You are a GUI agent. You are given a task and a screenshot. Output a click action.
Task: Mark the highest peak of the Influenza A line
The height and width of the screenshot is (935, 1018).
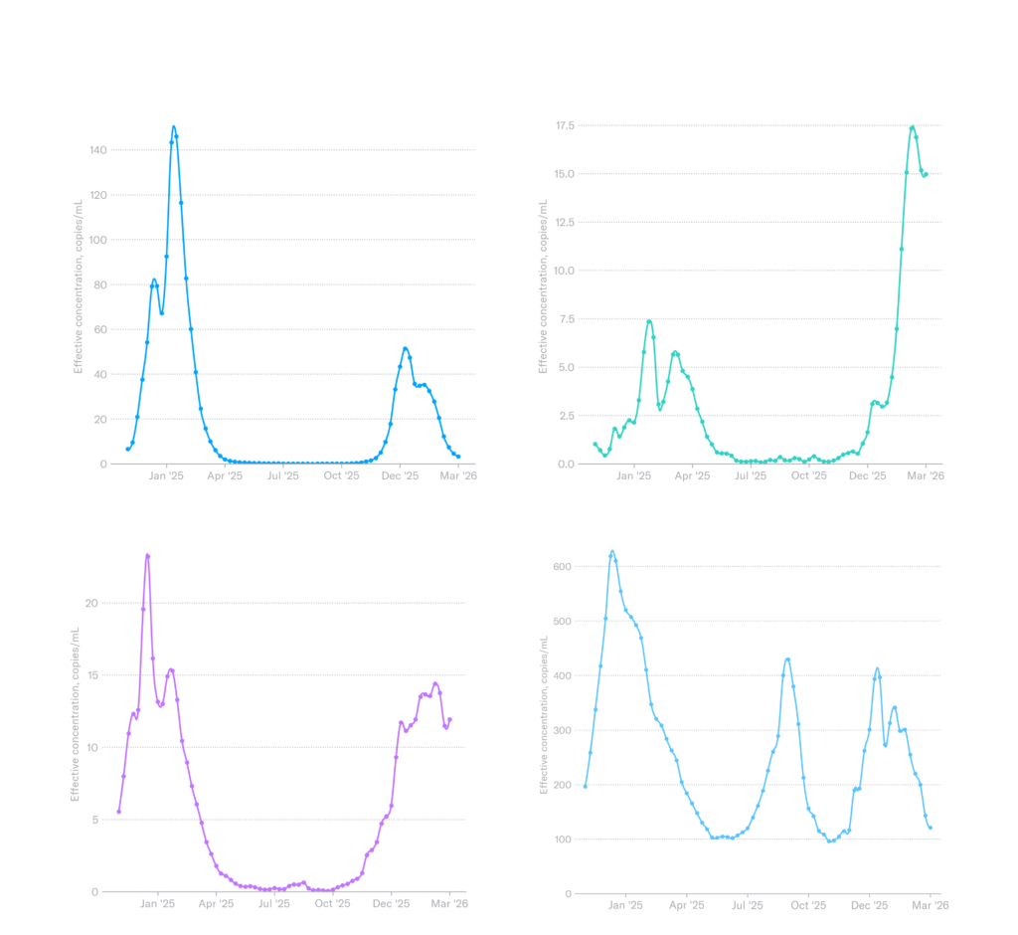click(x=174, y=127)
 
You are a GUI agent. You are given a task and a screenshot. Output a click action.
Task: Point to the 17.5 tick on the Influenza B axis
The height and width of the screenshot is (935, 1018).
click(x=567, y=126)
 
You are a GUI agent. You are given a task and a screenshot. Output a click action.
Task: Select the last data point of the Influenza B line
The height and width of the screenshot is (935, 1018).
click(x=926, y=175)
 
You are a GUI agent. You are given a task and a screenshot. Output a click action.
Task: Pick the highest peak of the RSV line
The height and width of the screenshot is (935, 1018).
click(x=147, y=555)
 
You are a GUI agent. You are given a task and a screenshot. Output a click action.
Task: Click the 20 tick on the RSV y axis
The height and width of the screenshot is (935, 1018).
click(x=95, y=603)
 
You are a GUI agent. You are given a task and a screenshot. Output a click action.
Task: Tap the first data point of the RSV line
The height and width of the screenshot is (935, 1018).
click(x=118, y=812)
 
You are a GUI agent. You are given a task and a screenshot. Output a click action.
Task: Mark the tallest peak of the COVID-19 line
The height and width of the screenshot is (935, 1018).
click(x=612, y=552)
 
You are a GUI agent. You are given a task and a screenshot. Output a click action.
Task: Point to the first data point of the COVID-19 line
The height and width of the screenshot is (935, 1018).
click(x=585, y=787)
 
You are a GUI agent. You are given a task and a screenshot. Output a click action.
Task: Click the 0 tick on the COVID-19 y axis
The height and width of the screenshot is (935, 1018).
click(x=567, y=893)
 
